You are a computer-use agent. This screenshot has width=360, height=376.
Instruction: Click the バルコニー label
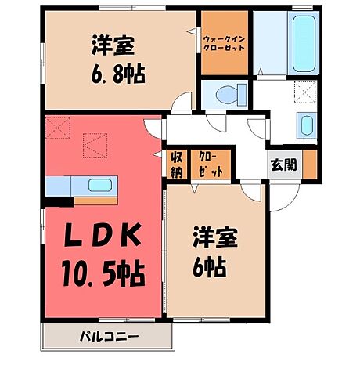click(109, 338)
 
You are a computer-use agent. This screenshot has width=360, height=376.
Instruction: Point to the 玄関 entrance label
click(283, 164)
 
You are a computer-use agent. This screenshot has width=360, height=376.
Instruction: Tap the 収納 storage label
click(177, 162)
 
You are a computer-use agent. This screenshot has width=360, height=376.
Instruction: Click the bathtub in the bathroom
click(302, 42)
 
